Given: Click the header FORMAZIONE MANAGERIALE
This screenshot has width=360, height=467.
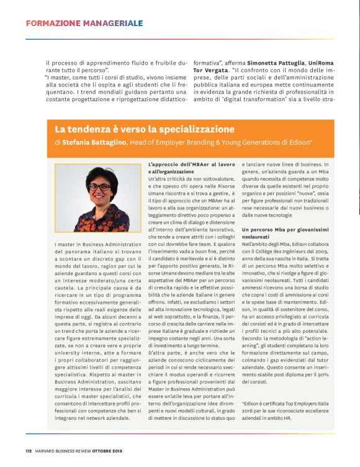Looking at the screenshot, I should pos(84,24).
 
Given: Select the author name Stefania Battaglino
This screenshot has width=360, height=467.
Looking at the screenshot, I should pos(94,142).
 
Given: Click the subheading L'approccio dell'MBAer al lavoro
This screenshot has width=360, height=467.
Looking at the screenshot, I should pos(191,164).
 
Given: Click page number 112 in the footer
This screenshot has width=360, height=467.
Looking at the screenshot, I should pos(29,451).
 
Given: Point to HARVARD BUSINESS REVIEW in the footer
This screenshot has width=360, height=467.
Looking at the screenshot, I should pos(65,451).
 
